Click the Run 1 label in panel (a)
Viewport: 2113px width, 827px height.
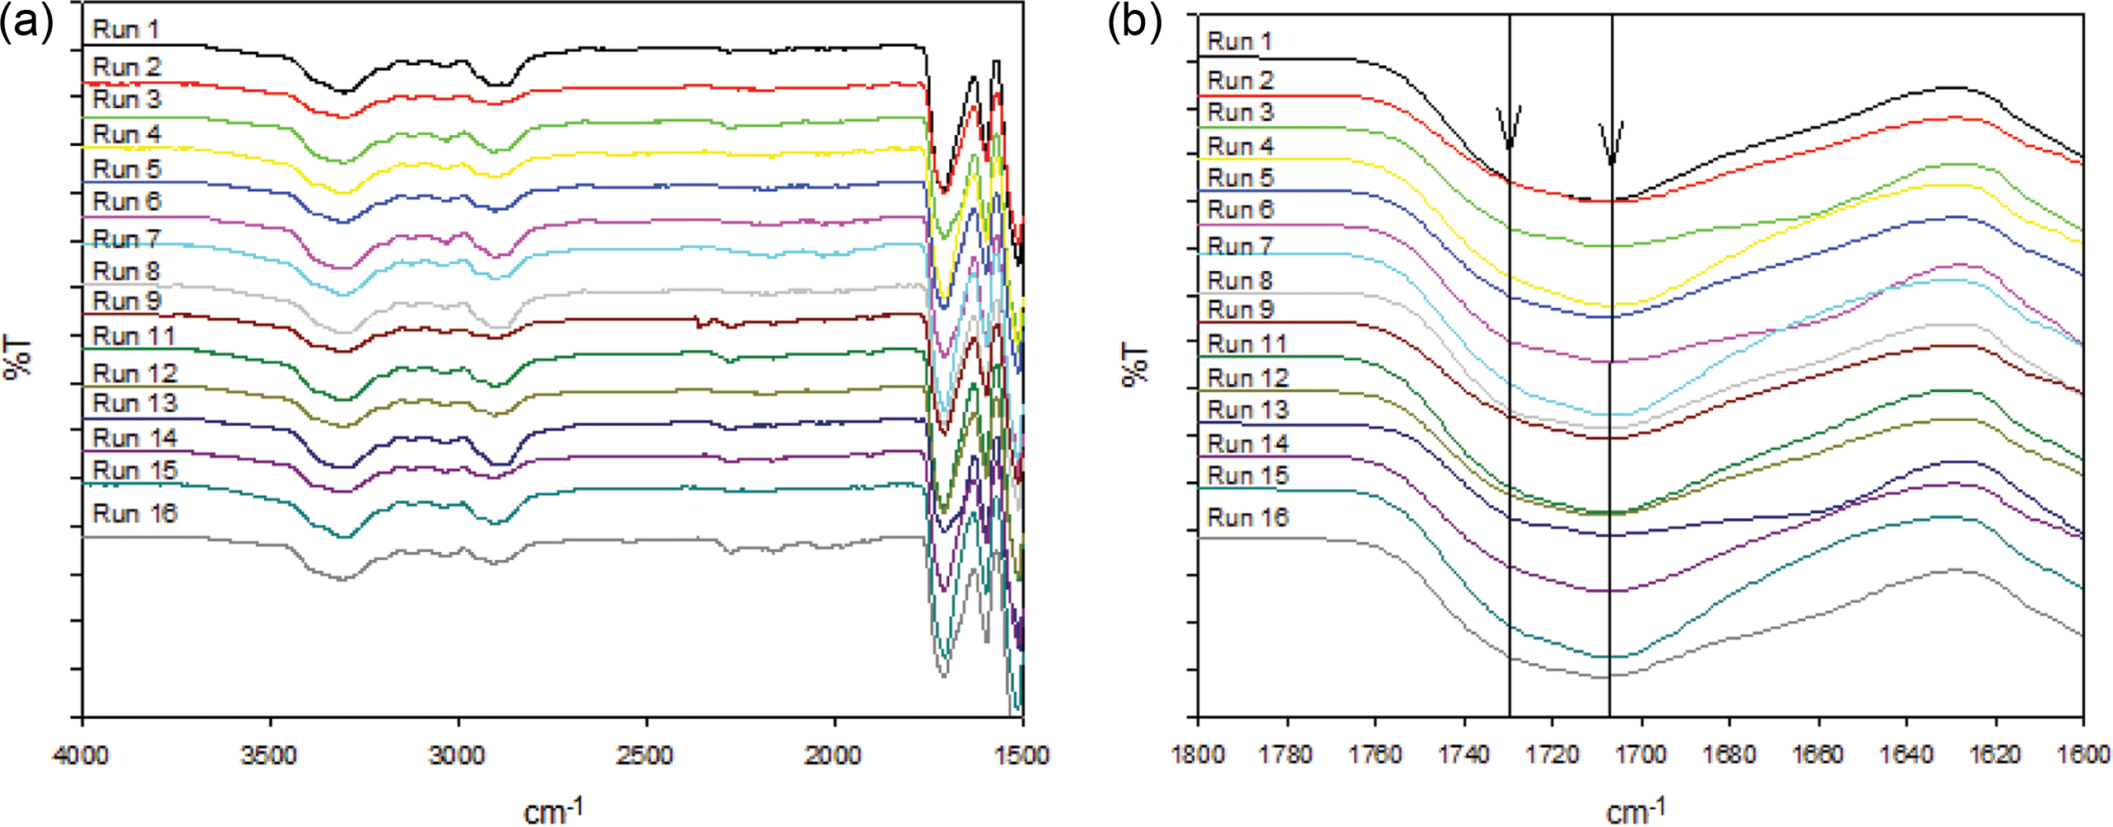[x=126, y=30]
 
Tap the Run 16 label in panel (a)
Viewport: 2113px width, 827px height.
[x=135, y=514]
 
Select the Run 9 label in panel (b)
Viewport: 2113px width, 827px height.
[x=1240, y=310]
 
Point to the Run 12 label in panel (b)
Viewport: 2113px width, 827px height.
[x=1248, y=378]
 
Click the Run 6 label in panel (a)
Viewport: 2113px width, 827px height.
[x=127, y=202]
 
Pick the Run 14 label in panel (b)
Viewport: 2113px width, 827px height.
[x=1248, y=444]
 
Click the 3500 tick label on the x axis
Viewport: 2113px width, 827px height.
[x=269, y=755]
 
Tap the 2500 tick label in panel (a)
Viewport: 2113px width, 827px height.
[x=646, y=755]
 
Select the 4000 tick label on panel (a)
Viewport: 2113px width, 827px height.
[x=81, y=755]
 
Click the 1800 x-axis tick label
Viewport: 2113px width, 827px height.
[x=1198, y=755]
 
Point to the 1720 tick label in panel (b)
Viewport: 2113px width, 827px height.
[x=1552, y=755]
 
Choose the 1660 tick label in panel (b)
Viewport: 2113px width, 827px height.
[x=1818, y=755]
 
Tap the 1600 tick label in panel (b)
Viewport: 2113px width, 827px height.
[x=2084, y=755]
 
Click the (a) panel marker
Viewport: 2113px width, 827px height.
[x=26, y=22]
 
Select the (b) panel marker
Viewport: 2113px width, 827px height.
[x=1134, y=22]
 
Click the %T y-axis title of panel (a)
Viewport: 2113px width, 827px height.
[x=18, y=357]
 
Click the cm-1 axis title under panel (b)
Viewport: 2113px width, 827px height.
[x=1635, y=811]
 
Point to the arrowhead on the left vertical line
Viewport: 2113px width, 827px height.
[x=1509, y=140]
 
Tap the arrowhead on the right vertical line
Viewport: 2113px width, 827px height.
[x=1611, y=157]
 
